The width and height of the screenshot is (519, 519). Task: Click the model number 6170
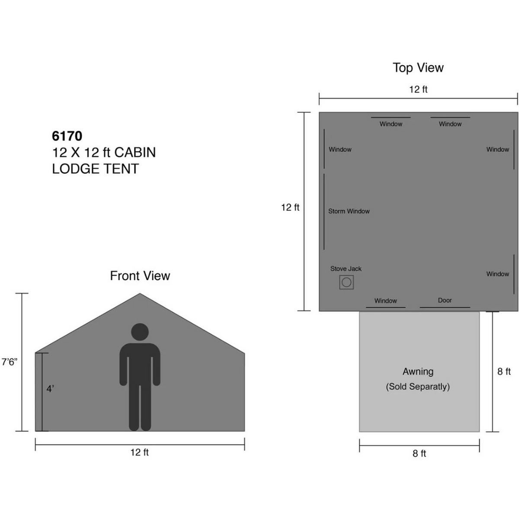coord(67,136)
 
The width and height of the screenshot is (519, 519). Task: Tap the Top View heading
coord(418,67)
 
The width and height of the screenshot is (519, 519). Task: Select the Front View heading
coord(140,276)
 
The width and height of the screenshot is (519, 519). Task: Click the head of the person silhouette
coord(140,332)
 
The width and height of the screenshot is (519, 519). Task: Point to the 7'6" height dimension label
coord(9,362)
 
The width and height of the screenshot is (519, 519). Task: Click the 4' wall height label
coord(50,389)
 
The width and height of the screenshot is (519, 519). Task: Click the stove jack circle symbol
coord(346,282)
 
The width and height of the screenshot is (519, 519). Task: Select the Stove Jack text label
coord(346,269)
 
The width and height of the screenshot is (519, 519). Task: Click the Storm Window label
coord(349,211)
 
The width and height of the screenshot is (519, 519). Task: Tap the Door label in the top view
coord(445,300)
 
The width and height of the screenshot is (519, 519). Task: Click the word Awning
coord(418,372)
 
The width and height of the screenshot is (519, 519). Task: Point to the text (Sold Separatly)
coord(418,387)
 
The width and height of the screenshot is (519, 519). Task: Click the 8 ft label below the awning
coord(420,453)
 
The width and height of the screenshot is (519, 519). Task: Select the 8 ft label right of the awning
coord(504,372)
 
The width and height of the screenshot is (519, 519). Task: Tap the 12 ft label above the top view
coord(418,90)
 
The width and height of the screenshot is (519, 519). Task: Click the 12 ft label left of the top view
coord(290,207)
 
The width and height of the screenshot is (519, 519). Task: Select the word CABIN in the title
coord(135,152)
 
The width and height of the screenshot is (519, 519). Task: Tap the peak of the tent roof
coord(140,294)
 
